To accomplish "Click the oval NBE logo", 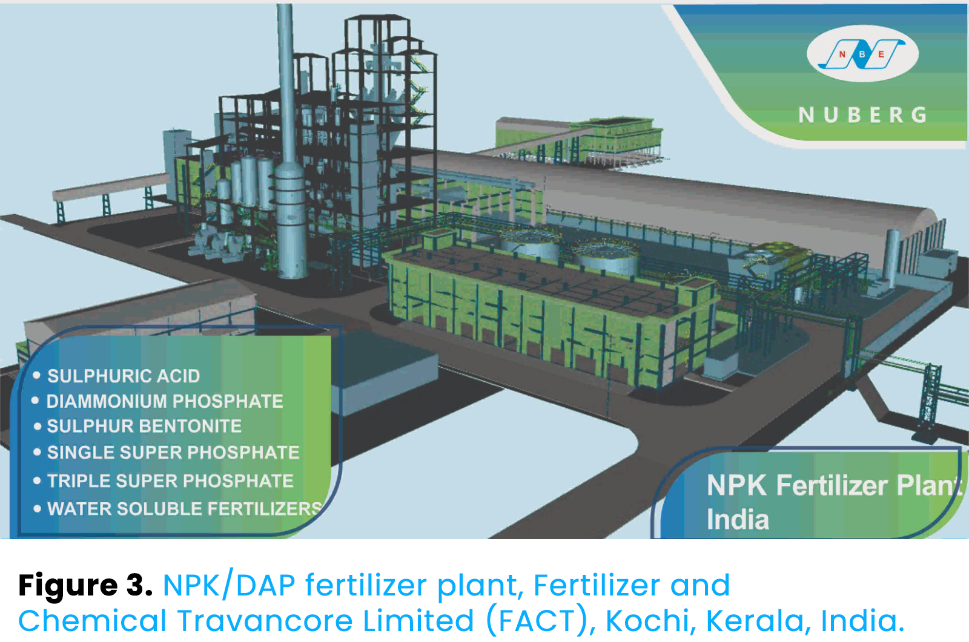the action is (862, 54).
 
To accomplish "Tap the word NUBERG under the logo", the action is (863, 115).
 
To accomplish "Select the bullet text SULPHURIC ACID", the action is (124, 376).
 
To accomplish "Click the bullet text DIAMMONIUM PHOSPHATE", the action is (165, 401).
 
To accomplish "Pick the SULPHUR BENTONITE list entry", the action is (145, 426).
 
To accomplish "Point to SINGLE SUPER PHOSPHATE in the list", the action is (173, 453).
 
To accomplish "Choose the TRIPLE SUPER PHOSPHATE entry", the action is (170, 480).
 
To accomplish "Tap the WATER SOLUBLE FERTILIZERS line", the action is (185, 509).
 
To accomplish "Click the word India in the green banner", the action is (738, 519).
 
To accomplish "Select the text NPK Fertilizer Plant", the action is (835, 485).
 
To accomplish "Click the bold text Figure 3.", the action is (85, 586).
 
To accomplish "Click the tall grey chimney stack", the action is (287, 143).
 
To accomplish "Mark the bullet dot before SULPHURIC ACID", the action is (37, 375).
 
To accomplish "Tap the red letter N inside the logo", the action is (842, 54).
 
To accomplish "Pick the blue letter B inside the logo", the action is (862, 54).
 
